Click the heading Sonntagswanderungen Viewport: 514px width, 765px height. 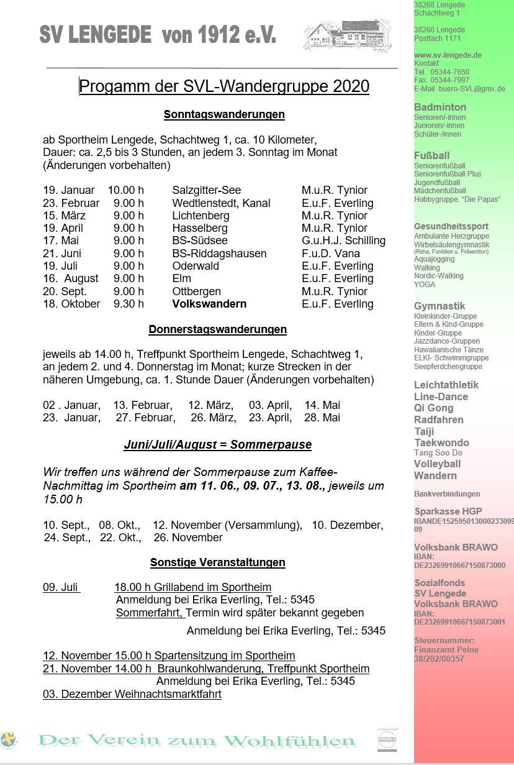tap(224, 114)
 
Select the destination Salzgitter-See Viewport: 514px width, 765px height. tap(207, 190)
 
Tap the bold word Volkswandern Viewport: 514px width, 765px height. tap(209, 304)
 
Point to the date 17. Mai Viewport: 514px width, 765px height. tap(61, 240)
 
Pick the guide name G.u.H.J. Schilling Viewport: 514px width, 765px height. tap(343, 240)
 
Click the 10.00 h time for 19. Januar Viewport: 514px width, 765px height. tap(126, 190)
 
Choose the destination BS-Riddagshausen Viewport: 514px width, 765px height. tap(219, 254)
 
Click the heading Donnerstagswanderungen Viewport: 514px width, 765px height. tap(217, 329)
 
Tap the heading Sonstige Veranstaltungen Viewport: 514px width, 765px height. tap(217, 562)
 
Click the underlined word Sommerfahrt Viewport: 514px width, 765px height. tap(150, 613)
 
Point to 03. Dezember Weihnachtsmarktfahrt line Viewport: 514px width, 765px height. tap(132, 694)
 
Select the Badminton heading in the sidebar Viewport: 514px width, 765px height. tap(440, 108)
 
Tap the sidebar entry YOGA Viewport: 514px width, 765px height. tap(425, 285)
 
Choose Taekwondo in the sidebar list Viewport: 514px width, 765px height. tap(441, 442)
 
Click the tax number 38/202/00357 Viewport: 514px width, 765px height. tap(439, 659)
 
